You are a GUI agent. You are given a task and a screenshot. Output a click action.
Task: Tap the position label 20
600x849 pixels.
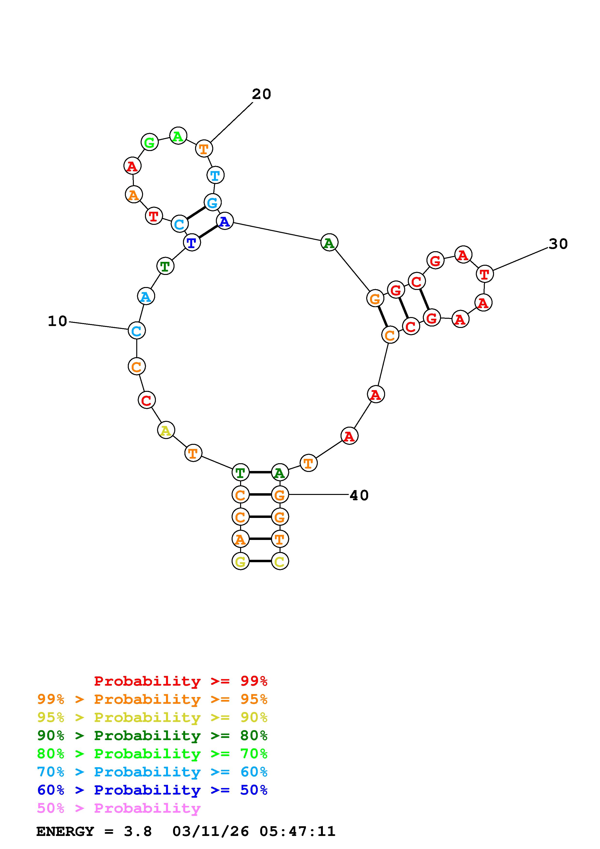pos(261,94)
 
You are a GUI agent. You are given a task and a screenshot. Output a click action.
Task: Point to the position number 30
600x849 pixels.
pos(558,244)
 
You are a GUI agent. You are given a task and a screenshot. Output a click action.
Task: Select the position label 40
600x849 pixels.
pos(359,495)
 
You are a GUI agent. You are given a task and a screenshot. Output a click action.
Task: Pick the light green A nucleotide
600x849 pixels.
pos(178,136)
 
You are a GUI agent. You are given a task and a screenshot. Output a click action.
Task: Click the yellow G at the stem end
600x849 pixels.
pos(240,561)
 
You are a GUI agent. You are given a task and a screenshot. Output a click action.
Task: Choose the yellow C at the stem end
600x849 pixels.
pos(280,561)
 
